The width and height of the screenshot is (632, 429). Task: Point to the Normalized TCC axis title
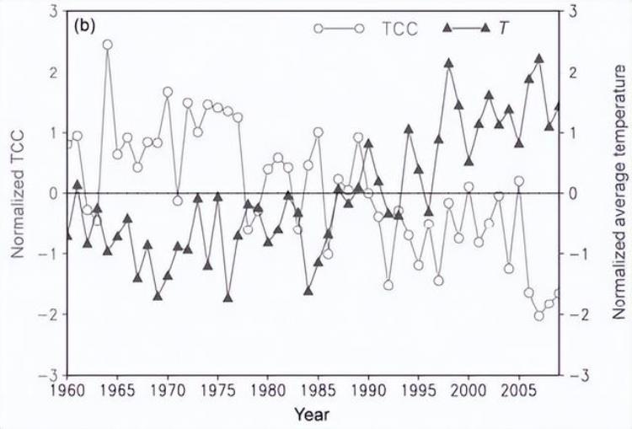[17, 193]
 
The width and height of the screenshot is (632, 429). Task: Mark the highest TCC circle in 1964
[108, 44]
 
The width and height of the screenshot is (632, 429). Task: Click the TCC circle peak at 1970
[168, 92]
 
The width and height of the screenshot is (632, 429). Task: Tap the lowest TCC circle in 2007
[539, 316]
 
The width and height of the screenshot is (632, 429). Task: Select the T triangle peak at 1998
[449, 63]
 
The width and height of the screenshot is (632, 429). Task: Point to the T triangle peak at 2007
[539, 59]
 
